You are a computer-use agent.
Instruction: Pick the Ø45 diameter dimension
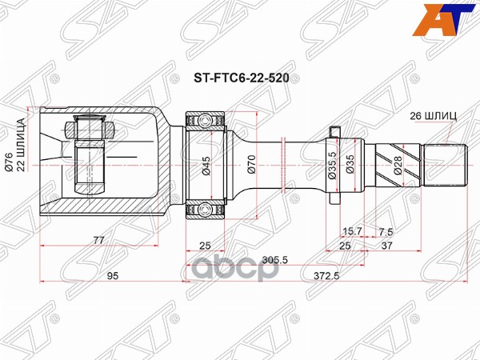point(206,166)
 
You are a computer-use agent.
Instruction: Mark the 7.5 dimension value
point(386,230)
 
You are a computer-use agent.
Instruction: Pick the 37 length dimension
point(386,246)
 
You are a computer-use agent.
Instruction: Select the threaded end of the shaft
point(445,166)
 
